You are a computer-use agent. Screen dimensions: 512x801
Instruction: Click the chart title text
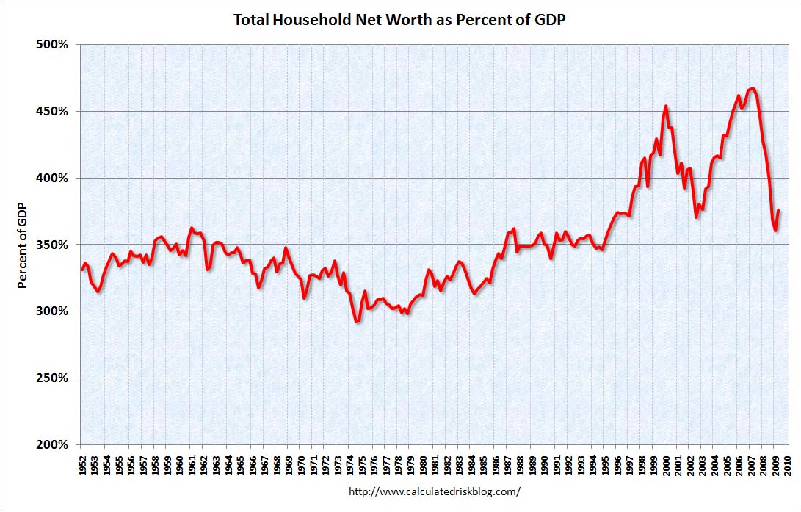(400, 20)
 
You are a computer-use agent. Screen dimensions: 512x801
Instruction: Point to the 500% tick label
(52, 44)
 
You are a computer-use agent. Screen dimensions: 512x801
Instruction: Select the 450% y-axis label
(52, 111)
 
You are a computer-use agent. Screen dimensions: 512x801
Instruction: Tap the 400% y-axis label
(52, 178)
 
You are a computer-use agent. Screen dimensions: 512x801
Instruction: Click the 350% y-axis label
(52, 245)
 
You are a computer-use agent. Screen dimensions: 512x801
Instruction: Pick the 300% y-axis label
(52, 311)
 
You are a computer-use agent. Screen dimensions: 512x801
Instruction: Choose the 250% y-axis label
(52, 378)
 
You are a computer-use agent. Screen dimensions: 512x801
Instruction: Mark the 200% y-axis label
(52, 445)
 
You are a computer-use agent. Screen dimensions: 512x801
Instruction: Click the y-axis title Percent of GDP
(23, 245)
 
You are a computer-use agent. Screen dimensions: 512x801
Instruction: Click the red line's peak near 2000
(665, 107)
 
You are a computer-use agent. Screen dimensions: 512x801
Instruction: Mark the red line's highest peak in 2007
(753, 89)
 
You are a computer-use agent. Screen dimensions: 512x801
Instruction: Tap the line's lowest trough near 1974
(357, 322)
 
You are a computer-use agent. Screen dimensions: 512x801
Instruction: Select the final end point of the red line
(778, 211)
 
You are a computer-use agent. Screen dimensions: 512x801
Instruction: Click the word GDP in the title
(549, 20)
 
